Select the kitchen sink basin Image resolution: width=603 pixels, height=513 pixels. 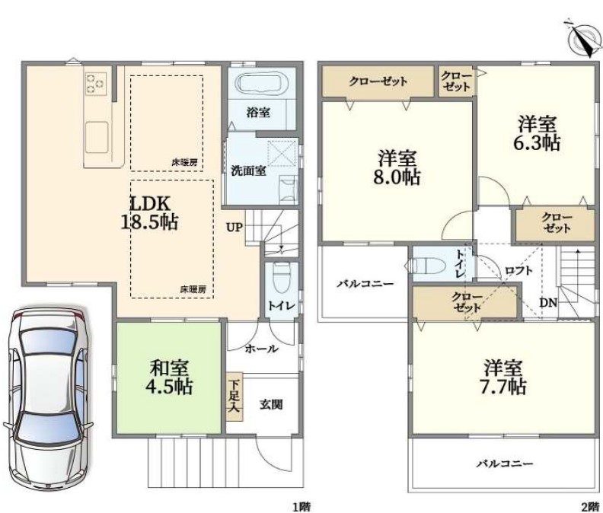click(x=96, y=137)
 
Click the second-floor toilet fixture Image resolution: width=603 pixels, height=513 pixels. click(x=428, y=265)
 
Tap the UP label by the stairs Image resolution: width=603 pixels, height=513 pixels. click(x=234, y=228)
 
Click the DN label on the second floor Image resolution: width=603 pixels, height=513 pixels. click(x=548, y=303)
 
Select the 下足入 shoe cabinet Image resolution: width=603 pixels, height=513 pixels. click(x=234, y=397)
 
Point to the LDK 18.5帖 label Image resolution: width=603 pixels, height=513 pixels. click(x=149, y=212)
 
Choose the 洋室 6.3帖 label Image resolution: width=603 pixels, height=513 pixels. click(x=537, y=133)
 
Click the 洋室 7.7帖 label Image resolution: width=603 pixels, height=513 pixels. click(x=503, y=378)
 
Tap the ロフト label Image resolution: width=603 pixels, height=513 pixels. click(x=519, y=271)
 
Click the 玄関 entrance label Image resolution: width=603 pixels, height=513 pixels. click(x=271, y=404)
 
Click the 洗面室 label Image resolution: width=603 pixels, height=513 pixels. click(x=248, y=170)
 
